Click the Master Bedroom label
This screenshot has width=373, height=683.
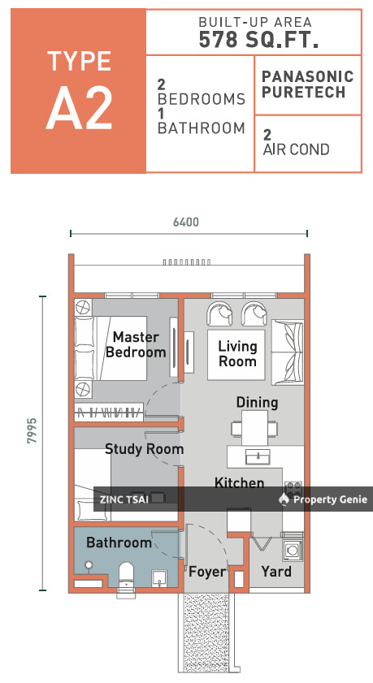coord(136,344)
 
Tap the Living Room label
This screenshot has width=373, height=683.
coord(237,353)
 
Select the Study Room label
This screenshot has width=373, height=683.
coord(144,448)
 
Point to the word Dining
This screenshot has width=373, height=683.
coord(257,402)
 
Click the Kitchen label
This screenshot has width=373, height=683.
coord(239,483)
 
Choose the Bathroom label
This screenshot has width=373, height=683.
coord(119,542)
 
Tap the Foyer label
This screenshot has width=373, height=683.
coord(206,572)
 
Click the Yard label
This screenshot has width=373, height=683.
coord(275,572)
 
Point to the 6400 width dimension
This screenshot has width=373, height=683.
coord(185,221)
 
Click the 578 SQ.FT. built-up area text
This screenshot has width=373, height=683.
coord(253,41)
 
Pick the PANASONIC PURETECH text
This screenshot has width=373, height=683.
coord(308,84)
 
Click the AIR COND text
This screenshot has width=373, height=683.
coord(296,149)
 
